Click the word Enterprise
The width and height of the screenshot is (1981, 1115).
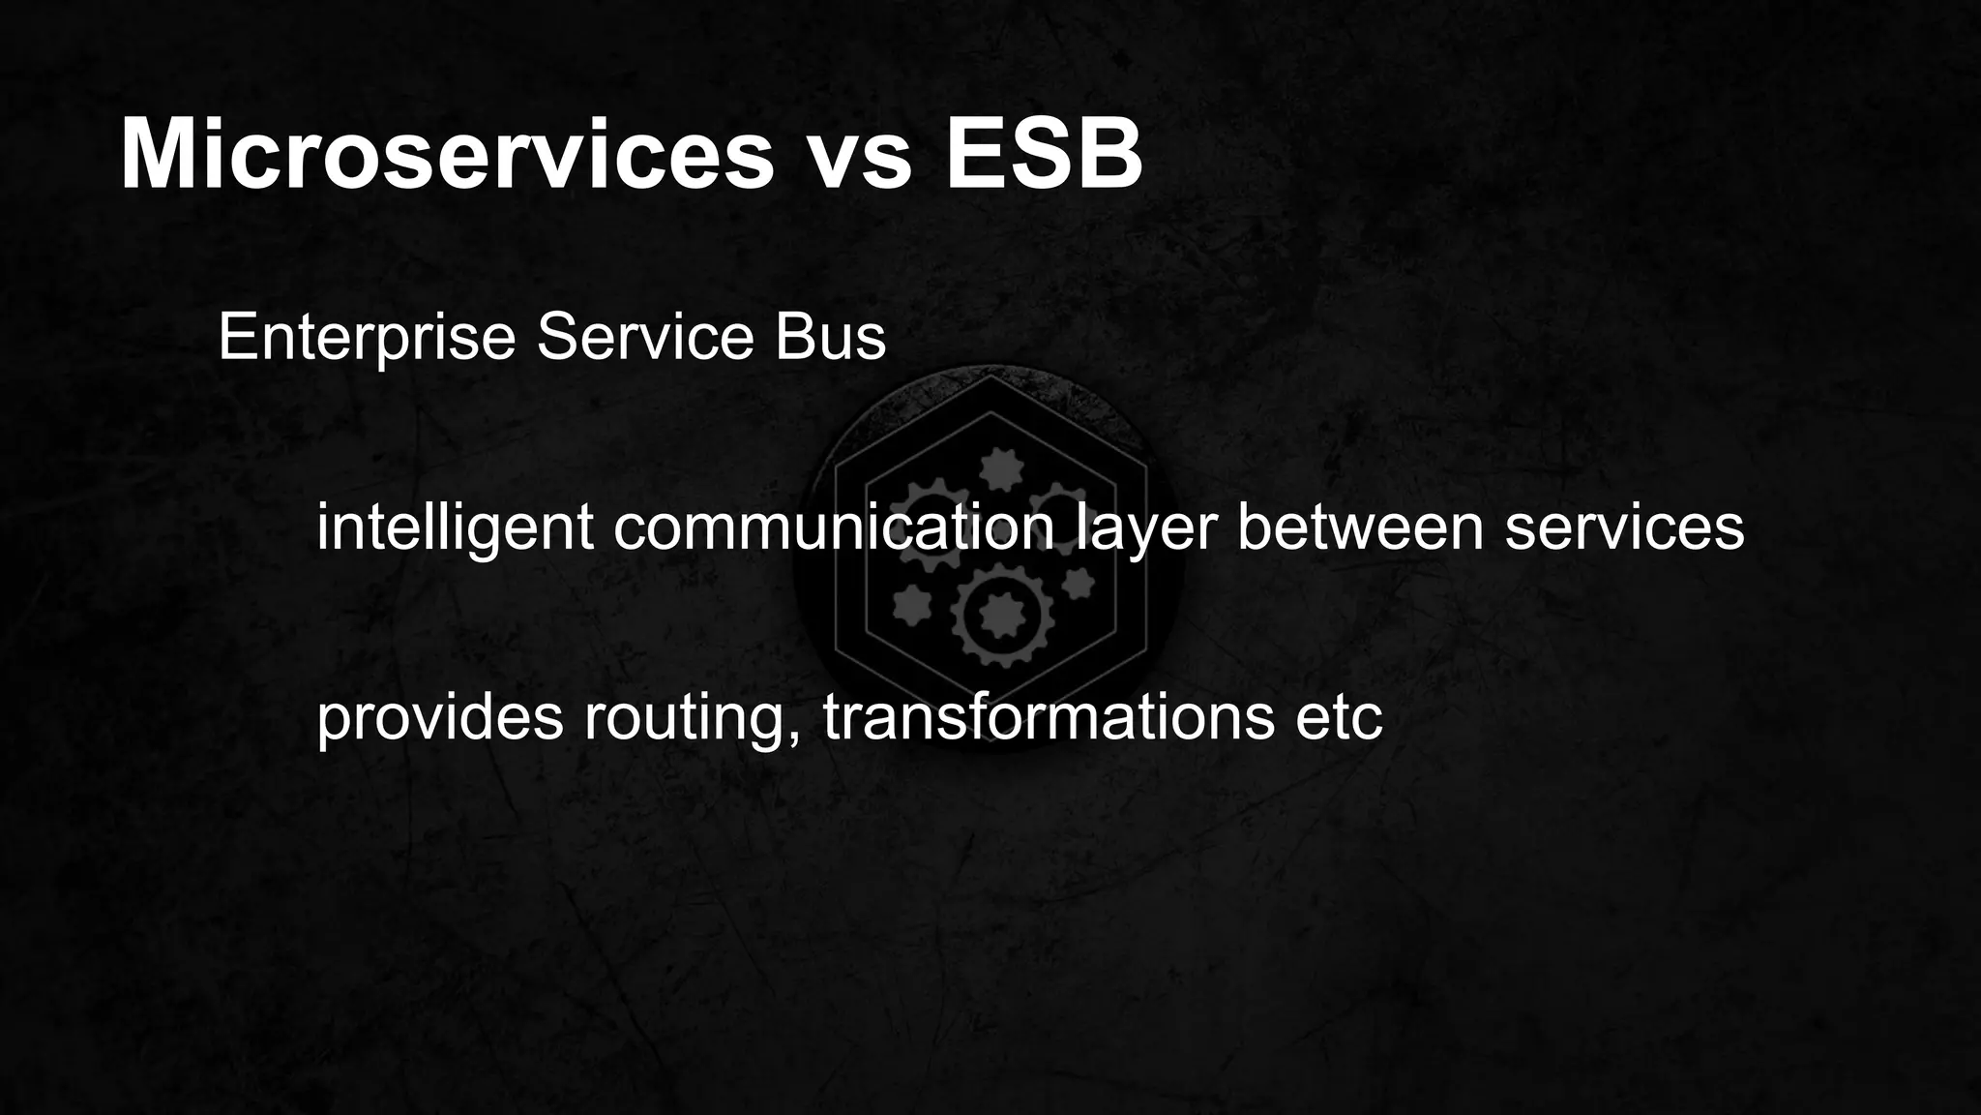(x=367, y=338)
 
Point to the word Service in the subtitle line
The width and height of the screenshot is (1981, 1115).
(x=645, y=338)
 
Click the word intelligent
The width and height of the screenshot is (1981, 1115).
(x=455, y=527)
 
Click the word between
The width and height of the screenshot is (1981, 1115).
(x=1360, y=527)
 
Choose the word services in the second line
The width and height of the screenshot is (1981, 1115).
(x=1624, y=527)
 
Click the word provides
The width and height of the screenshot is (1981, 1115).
(x=439, y=717)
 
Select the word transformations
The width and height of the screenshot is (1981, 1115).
(x=1049, y=717)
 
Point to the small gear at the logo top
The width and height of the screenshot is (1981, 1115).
(x=1000, y=470)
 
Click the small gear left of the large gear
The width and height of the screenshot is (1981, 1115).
(x=911, y=606)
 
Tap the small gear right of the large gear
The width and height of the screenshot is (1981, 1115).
(x=1078, y=584)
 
